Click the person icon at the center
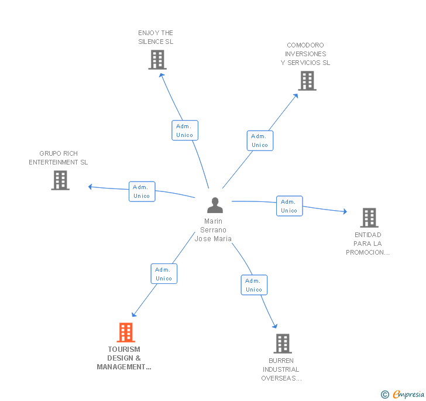point(215,205)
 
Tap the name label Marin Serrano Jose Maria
point(213,230)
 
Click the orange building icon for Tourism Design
point(126,333)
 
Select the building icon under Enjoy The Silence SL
point(157,60)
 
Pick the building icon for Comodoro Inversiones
point(307,81)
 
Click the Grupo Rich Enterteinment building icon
point(60,180)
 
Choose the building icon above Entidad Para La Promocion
point(369,218)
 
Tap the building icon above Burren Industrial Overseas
point(282,344)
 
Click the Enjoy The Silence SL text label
point(156,37)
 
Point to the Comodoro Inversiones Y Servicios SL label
point(305,54)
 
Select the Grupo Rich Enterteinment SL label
point(58,158)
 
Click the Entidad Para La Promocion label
point(367,244)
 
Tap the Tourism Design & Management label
point(124,358)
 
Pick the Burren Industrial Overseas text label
point(281,369)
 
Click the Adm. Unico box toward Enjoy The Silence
point(185,131)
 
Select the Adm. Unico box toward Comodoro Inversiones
point(260,140)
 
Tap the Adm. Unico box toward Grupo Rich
point(142,191)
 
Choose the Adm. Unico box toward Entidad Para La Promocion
point(289,206)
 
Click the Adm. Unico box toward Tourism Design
point(164,274)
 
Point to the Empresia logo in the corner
point(403,395)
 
